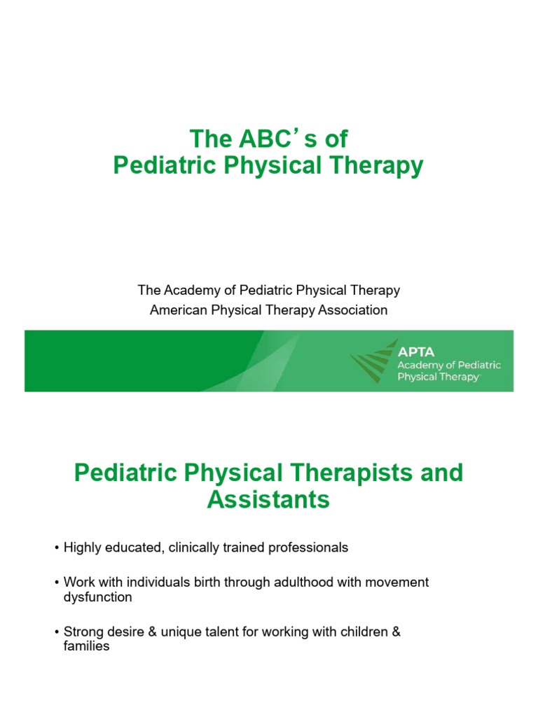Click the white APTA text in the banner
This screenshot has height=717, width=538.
click(x=416, y=351)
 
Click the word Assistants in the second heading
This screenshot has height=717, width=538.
click(x=268, y=500)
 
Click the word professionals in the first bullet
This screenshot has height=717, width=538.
click(x=309, y=548)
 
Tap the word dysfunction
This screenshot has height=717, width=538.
click(x=93, y=597)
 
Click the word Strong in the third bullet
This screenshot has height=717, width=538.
click(x=81, y=632)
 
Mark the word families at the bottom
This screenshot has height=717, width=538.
click(x=82, y=646)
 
